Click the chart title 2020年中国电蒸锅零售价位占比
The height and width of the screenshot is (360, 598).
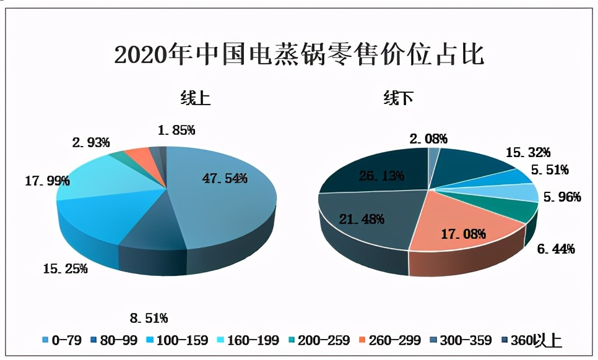pos(299,55)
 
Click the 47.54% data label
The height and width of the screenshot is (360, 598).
pos(225,179)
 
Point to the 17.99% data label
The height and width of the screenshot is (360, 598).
pos(47,181)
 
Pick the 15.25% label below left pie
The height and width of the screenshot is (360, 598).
pos(65,268)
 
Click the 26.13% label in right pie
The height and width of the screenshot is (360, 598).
pos(381,176)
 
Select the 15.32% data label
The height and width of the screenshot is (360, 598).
pos(528,152)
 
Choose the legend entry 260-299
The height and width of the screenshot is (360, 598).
pos(391,340)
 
